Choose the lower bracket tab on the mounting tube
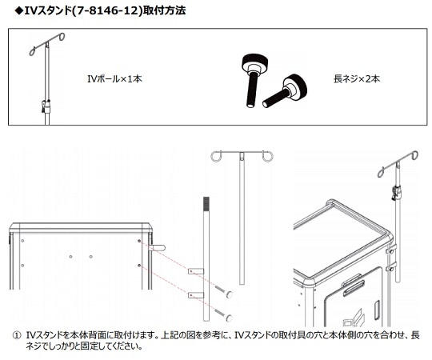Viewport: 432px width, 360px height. [194, 296]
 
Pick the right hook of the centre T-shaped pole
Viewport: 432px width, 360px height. [268, 157]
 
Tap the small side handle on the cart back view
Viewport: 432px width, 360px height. [158, 249]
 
